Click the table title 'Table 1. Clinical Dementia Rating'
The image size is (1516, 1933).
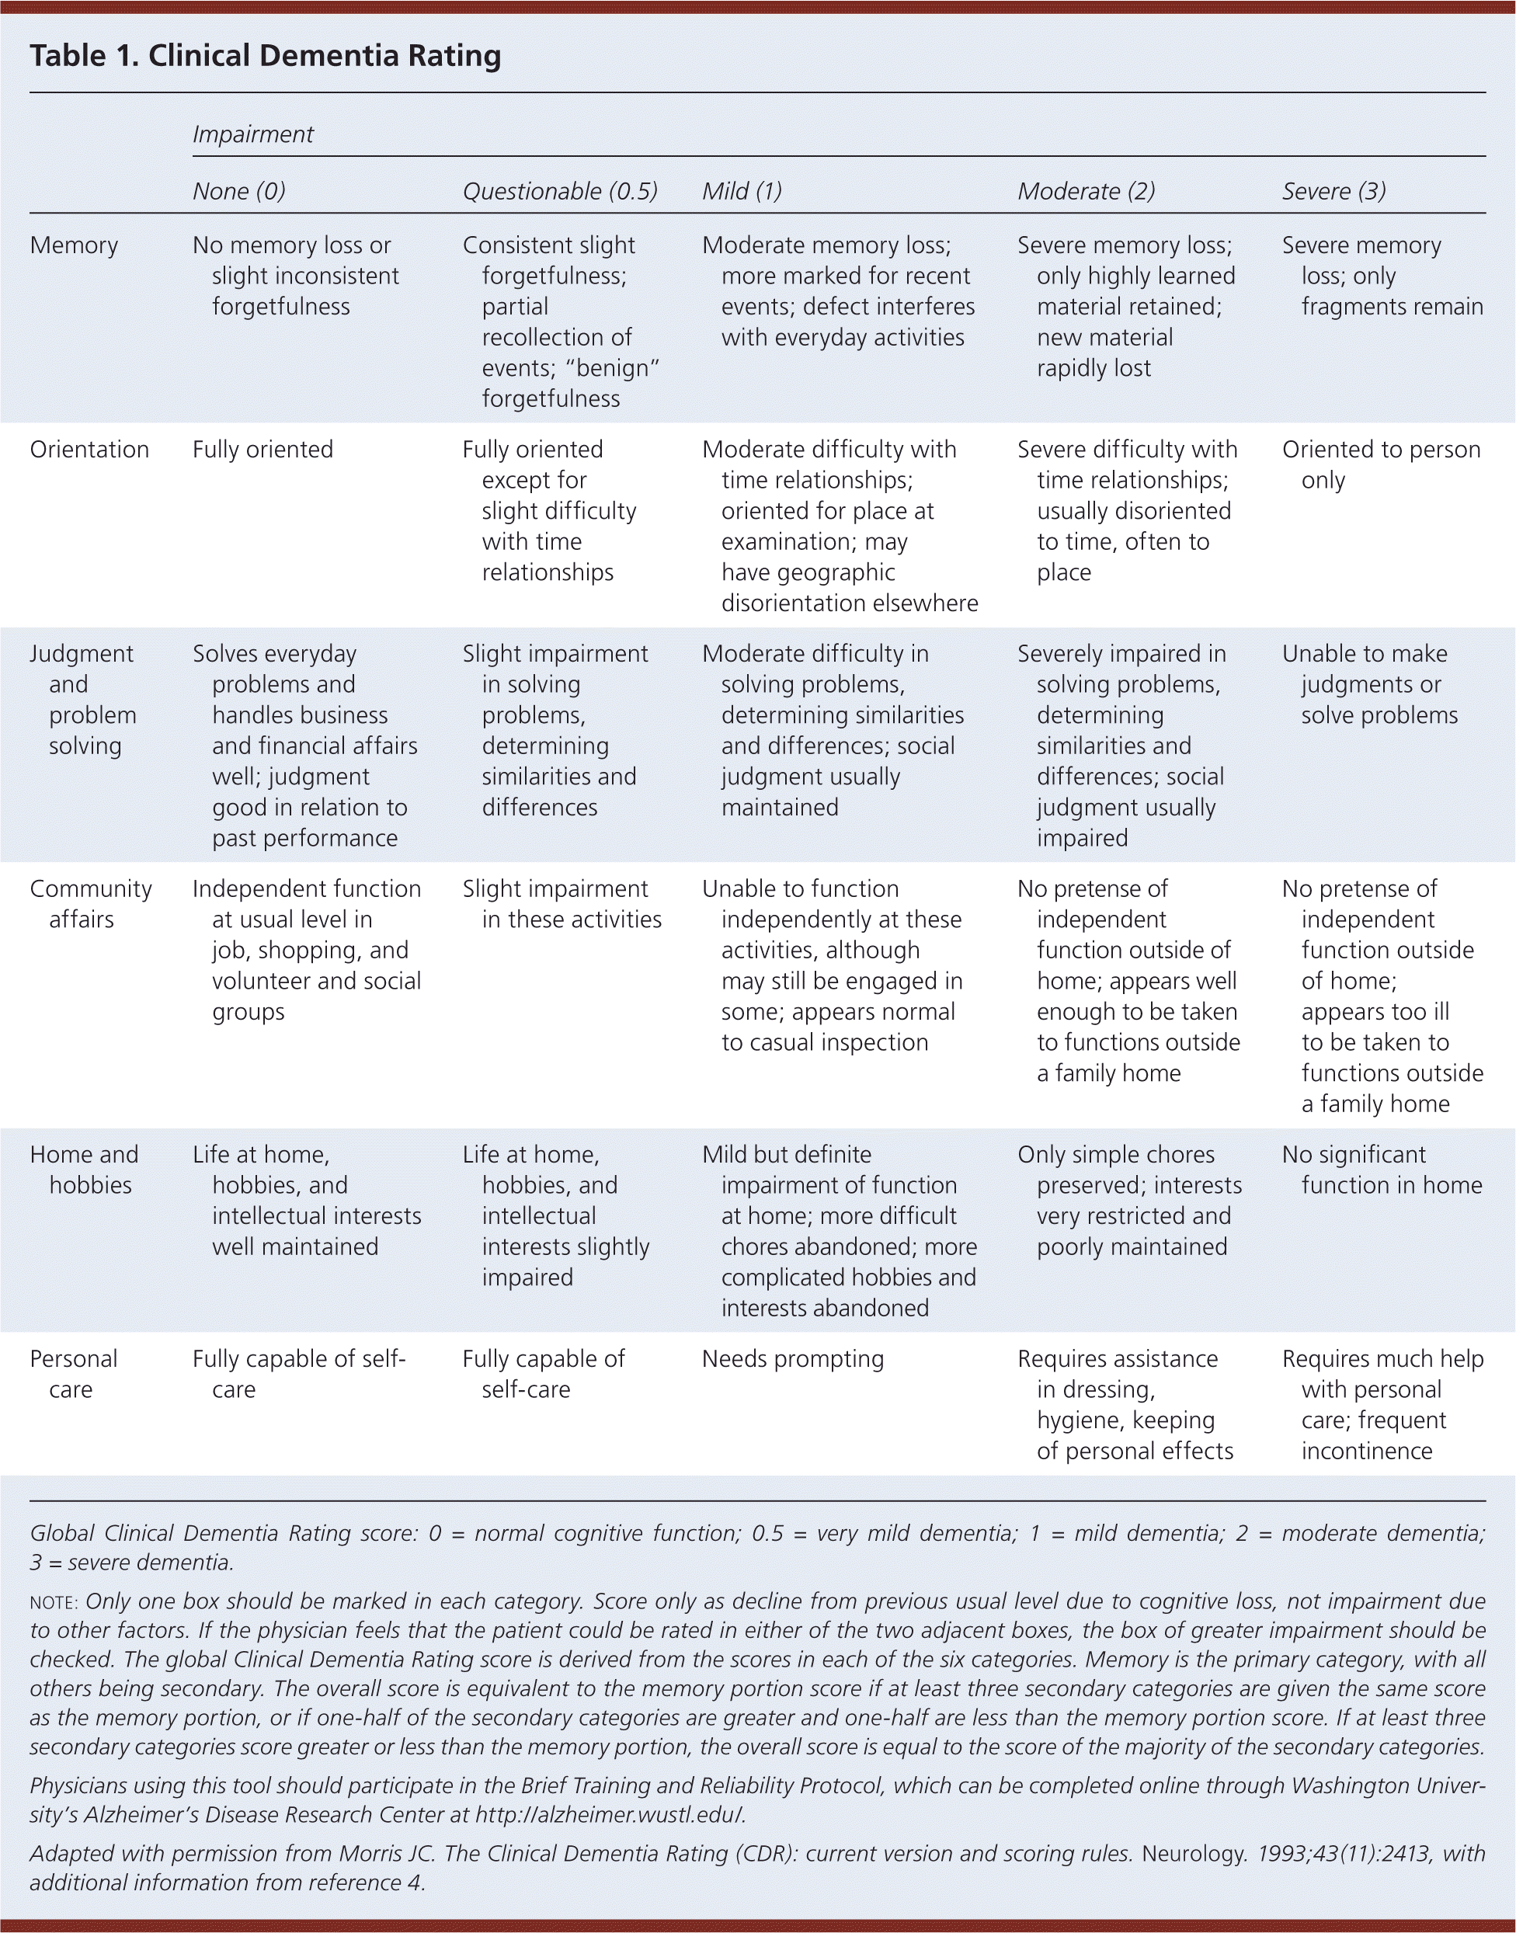[x=266, y=56]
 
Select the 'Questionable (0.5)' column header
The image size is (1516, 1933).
[x=560, y=191]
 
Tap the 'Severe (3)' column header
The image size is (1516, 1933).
[x=1333, y=191]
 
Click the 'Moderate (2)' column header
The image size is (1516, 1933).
[x=1086, y=191]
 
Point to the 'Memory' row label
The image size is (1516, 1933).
[x=74, y=245]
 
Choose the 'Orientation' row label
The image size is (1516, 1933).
[x=89, y=449]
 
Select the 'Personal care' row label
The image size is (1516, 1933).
[x=73, y=1373]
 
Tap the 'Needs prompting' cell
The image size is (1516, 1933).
[x=793, y=1359]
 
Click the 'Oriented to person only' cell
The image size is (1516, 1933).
[x=1380, y=464]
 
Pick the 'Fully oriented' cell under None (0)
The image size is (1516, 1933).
[x=263, y=449]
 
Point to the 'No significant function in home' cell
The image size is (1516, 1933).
[x=1381, y=1169]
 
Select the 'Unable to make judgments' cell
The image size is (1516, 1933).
[x=1369, y=684]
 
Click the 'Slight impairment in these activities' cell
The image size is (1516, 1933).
[x=561, y=903]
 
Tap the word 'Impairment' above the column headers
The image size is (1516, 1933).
[x=253, y=134]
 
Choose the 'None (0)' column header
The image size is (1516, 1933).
[x=238, y=191]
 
